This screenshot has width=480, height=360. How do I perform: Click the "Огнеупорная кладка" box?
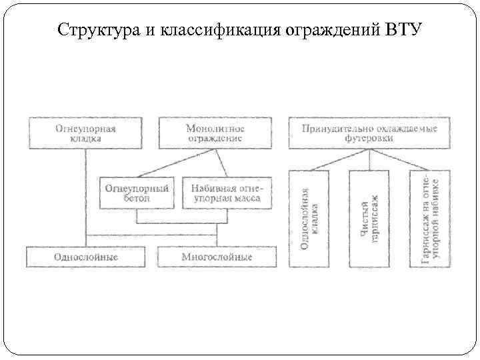click(85, 133)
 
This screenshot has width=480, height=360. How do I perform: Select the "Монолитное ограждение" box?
click(215, 133)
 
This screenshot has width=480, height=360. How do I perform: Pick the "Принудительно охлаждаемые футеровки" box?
click(369, 133)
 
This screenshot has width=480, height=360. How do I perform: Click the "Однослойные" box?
click(85, 257)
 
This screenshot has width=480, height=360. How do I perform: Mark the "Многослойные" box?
click(217, 257)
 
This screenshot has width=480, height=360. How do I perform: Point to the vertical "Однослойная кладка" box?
click(309, 219)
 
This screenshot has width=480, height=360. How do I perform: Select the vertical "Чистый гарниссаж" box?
click(369, 219)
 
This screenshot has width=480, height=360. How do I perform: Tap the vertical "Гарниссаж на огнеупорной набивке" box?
click(430, 219)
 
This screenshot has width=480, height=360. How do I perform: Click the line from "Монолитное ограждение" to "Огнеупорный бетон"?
click(175, 162)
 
